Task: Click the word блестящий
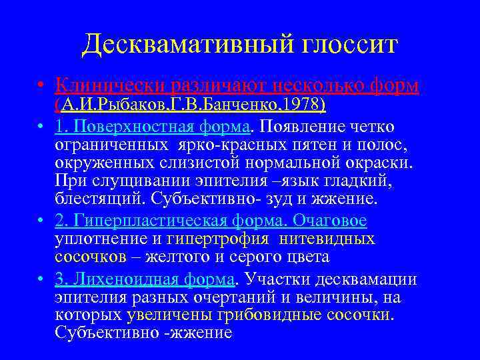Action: point(101,199)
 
